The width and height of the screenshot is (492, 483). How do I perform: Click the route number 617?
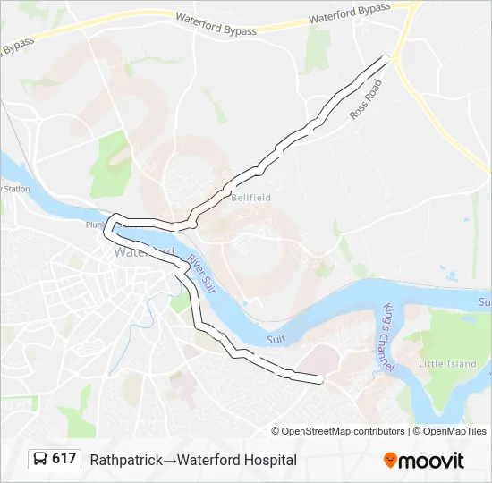pos(64,459)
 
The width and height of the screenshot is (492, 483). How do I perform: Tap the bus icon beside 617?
pos(41,459)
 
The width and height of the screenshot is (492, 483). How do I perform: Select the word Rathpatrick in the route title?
pos(125,460)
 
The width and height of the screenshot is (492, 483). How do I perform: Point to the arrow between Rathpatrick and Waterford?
pos(167,460)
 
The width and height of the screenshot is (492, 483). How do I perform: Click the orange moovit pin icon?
pos(390,460)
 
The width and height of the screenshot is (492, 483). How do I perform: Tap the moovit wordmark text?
pos(432,461)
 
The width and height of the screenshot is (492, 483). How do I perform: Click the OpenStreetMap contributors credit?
pos(344,431)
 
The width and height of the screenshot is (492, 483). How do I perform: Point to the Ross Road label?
pos(365,98)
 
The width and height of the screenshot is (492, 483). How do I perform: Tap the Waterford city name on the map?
pos(134,252)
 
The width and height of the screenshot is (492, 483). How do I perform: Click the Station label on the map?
pos(16,189)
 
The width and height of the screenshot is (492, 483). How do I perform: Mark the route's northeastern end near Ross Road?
pos(388,57)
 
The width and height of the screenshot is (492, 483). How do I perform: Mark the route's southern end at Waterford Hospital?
pos(319,380)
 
